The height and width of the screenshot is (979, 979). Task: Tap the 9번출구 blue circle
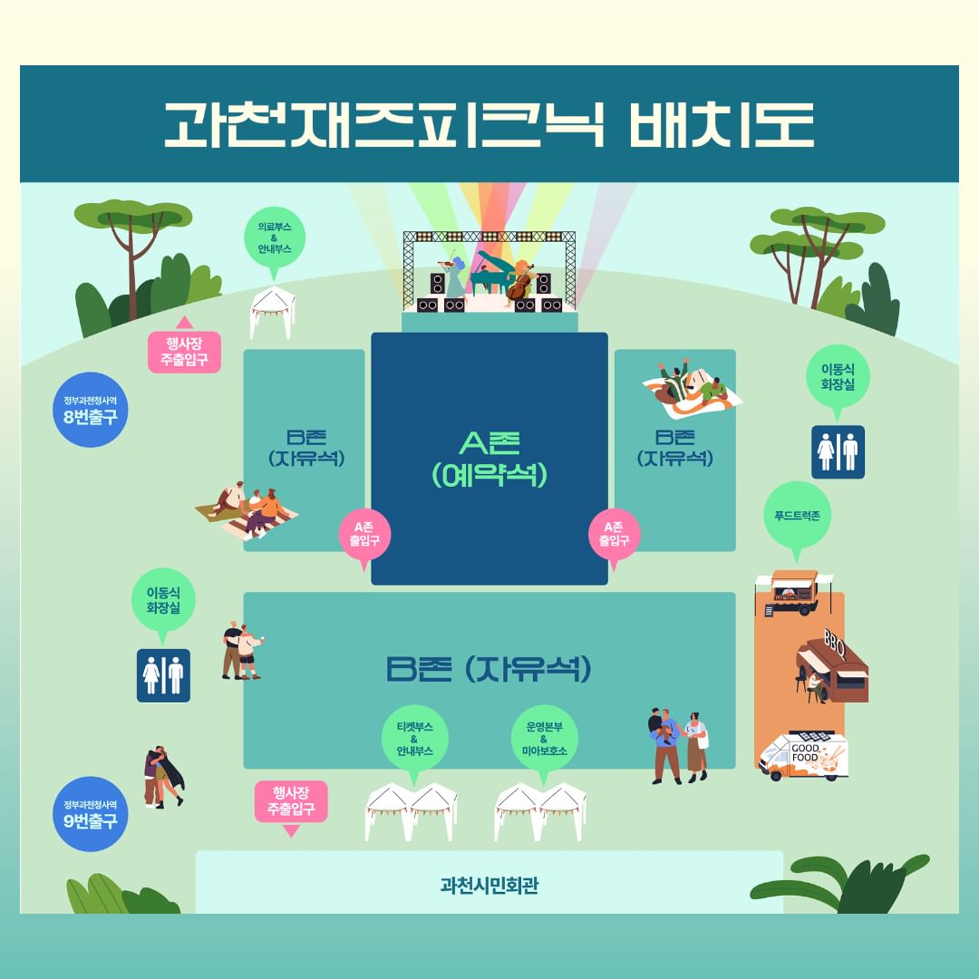pos(90,814)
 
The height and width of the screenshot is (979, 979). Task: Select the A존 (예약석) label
pos(489,458)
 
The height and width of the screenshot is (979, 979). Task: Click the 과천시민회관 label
pos(489,885)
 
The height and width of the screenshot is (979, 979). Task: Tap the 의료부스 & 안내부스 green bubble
pos(275,238)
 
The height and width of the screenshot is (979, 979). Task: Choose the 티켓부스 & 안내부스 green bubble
pos(414,739)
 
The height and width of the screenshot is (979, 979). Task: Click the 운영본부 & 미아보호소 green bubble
pos(544,739)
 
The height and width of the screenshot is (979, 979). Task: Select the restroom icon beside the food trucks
pos(838,451)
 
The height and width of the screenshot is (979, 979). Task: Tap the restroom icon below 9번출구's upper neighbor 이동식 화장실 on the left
pos(163,674)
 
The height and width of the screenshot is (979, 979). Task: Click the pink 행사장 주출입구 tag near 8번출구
pos(184,352)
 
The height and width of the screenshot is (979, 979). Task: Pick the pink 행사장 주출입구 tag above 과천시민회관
pos(291,801)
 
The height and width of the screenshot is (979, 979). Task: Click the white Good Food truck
pos(803,756)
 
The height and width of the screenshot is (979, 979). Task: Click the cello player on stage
pos(520,281)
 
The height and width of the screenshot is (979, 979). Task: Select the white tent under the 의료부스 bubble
pos(272,311)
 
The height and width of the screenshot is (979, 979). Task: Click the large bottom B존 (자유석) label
pos(489,669)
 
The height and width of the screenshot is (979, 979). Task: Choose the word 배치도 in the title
pos(721,124)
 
